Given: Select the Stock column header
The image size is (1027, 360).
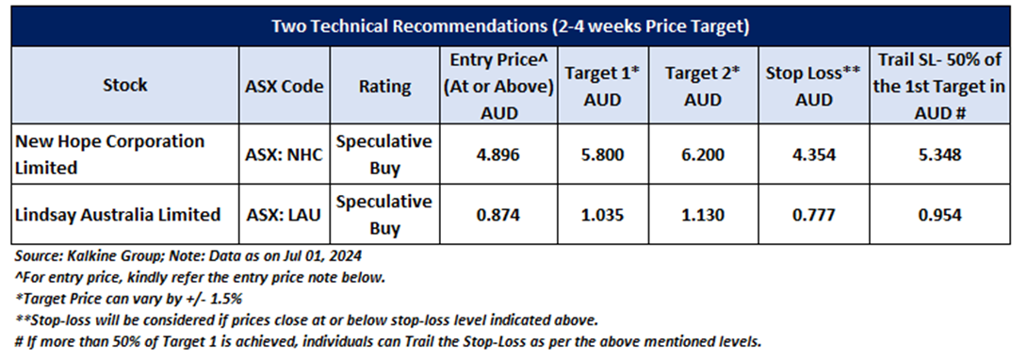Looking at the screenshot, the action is coord(125,85).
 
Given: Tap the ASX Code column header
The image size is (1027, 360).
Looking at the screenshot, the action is coord(285,86).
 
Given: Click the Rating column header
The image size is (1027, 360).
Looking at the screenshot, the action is coord(385,86).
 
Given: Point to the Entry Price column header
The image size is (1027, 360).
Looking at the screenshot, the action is coord(499,86).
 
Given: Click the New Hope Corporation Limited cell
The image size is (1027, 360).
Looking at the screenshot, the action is coord(109,155).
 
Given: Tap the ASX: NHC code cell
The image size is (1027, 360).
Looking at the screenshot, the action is coord(285,155).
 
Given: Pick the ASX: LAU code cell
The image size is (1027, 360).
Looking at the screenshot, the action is coord(285,215).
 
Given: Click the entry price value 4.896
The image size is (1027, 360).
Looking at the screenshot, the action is coord(499,155).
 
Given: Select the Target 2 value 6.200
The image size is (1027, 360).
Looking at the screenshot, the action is coord(702,155).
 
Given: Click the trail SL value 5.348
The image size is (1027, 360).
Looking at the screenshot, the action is coord(940,155).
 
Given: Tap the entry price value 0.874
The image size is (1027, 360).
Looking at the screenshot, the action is coord(499,215).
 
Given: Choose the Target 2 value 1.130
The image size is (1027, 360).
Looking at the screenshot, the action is coord(702,215).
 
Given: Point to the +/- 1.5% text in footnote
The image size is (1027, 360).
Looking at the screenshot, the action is coord(221,299).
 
